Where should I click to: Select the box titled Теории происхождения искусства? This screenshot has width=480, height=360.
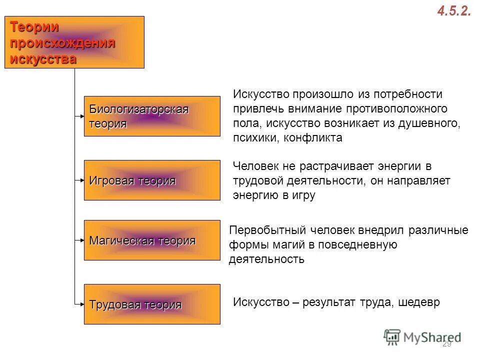pos(74,42)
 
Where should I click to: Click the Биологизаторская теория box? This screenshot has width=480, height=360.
pos(151,116)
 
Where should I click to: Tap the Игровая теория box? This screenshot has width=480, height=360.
pos(151,180)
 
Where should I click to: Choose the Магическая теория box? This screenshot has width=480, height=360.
pos(151,240)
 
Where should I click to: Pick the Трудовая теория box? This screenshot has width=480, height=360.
pos(151,304)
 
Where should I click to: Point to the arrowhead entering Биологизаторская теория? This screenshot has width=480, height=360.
pos(81,116)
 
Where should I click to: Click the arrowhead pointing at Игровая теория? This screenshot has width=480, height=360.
pos(81,178)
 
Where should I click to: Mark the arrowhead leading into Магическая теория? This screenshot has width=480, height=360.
pos(81,240)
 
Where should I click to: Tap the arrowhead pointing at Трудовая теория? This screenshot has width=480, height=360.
pos(81,303)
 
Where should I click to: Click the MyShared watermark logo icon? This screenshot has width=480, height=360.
pos(392,337)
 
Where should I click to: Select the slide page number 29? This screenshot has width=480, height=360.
pos(446,344)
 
